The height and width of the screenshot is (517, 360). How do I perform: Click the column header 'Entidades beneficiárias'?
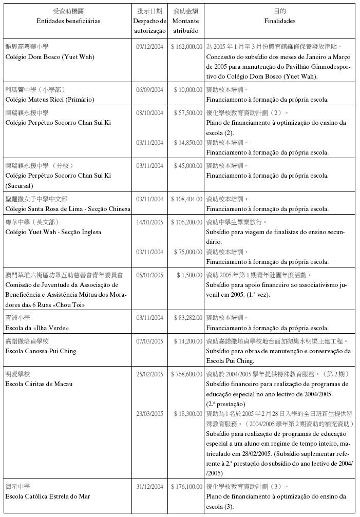(68, 21)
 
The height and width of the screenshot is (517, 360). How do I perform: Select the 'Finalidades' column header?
(280, 21)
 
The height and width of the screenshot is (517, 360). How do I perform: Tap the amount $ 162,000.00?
(186, 46)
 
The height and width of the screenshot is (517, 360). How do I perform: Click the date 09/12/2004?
(149, 46)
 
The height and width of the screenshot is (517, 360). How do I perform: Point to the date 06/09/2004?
(149, 89)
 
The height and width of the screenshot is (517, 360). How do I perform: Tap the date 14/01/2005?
(149, 222)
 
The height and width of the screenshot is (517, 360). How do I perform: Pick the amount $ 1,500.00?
(190, 275)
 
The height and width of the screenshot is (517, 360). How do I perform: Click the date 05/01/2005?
(149, 275)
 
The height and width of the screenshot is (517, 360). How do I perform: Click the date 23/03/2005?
(149, 413)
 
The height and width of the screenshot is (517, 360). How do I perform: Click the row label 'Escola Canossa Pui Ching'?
(41, 351)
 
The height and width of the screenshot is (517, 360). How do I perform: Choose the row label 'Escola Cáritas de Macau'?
(39, 384)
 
